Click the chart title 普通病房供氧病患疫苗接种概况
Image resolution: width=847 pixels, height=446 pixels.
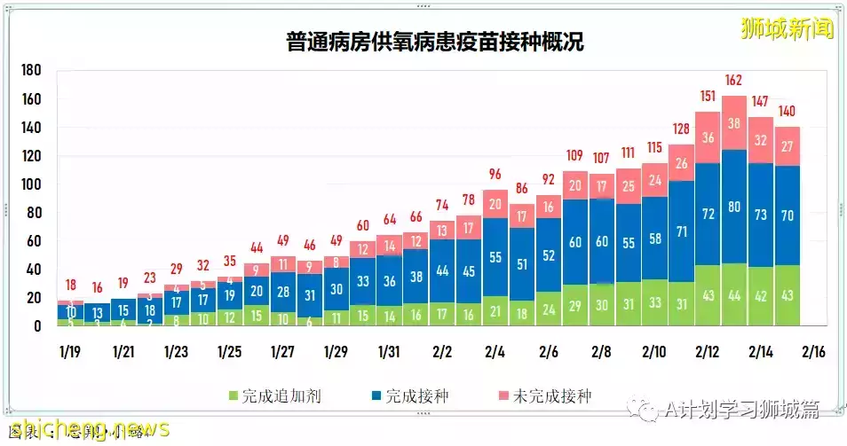[435, 41]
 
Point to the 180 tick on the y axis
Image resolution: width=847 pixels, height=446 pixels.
[30, 71]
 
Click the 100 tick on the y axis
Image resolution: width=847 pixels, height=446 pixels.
[30, 184]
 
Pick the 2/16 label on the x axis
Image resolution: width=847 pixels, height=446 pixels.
[814, 352]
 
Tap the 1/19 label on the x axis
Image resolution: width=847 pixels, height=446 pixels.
[70, 352]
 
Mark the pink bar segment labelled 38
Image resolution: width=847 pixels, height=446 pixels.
[734, 123]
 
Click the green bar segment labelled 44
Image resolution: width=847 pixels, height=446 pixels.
[734, 295]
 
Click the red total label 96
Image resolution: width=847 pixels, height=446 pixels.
[495, 174]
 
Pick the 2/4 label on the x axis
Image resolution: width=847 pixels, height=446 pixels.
[495, 352]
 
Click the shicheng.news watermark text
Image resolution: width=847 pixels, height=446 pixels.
[84, 429]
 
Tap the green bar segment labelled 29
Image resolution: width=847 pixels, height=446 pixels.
[576, 305]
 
